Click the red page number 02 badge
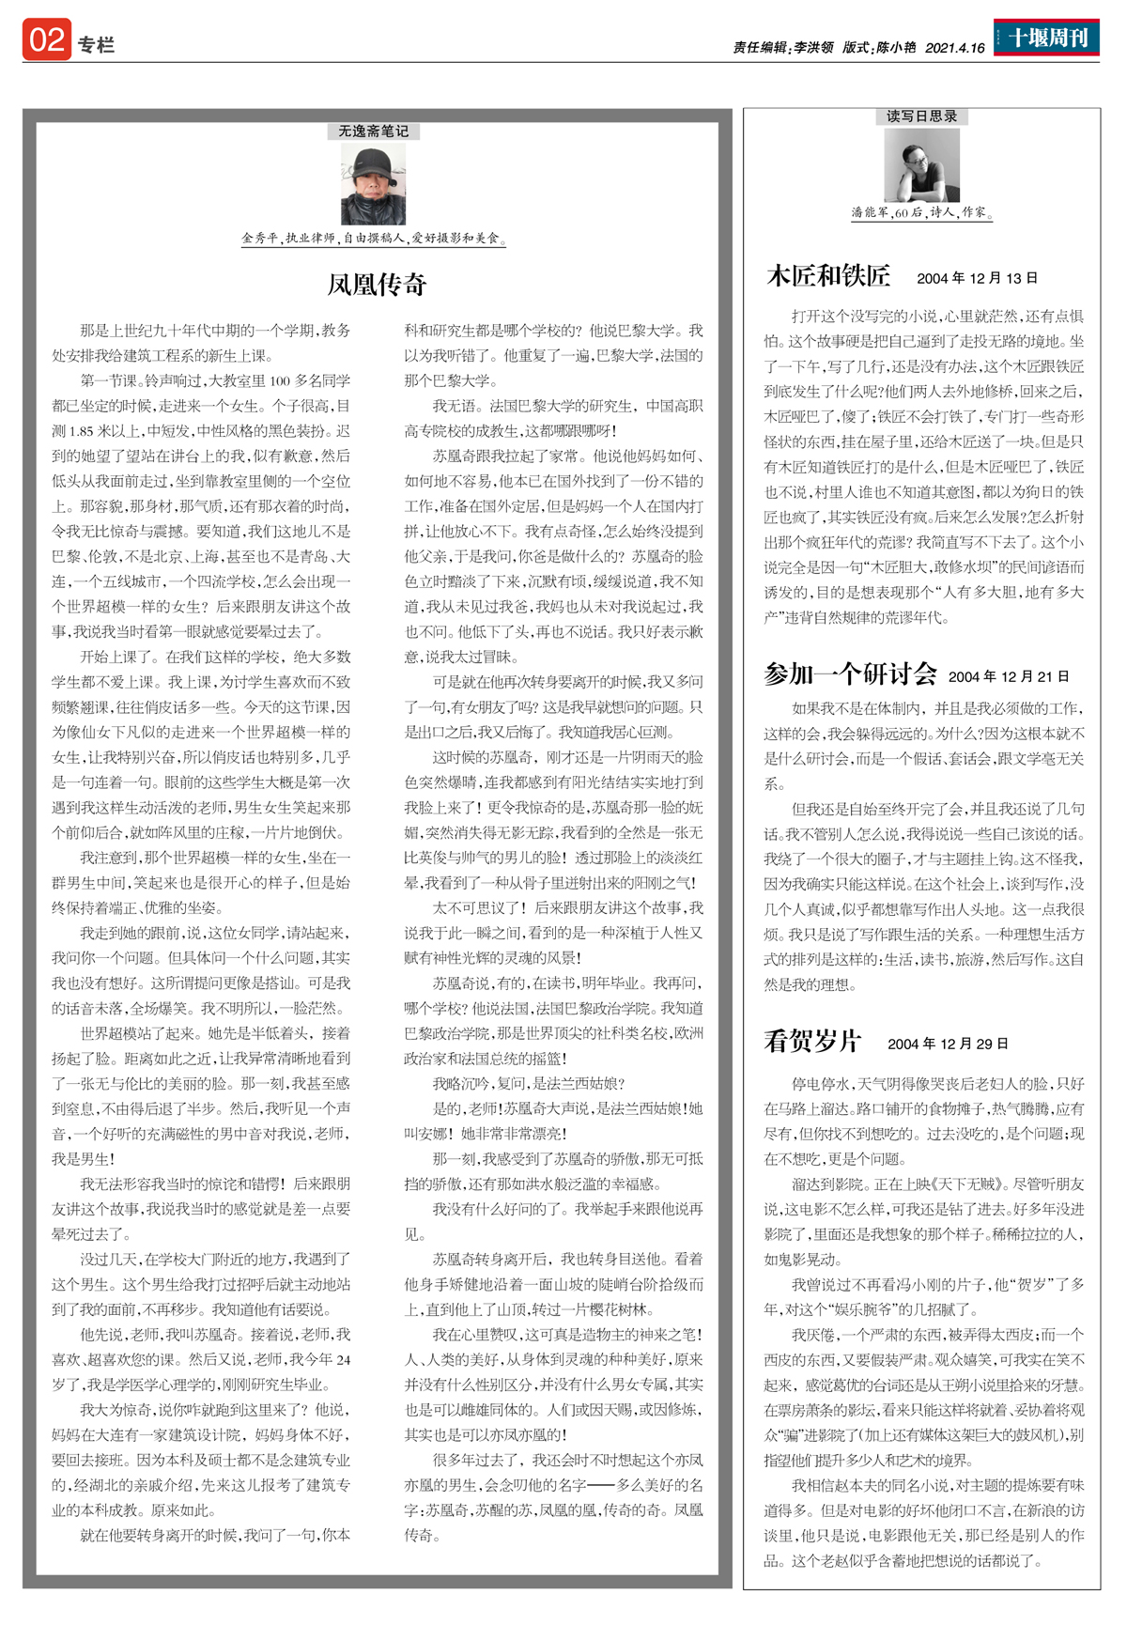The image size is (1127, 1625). [47, 40]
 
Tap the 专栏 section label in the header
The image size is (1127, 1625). [96, 45]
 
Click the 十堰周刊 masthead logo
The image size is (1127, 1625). [1047, 39]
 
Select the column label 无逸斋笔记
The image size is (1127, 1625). [374, 132]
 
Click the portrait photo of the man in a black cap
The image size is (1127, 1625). [373, 183]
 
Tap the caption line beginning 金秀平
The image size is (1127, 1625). [373, 239]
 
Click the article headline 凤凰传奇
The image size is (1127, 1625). [377, 285]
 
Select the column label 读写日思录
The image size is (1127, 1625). [921, 116]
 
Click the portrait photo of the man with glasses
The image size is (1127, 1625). [921, 164]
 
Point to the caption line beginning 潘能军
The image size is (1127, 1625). [921, 212]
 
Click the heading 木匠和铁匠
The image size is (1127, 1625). [828, 276]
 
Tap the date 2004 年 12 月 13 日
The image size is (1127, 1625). [977, 278]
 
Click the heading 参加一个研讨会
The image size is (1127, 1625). [850, 674]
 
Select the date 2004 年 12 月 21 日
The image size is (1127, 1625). [1009, 676]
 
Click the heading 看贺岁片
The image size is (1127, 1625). [812, 1042]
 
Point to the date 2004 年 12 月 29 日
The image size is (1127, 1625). [948, 1044]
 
